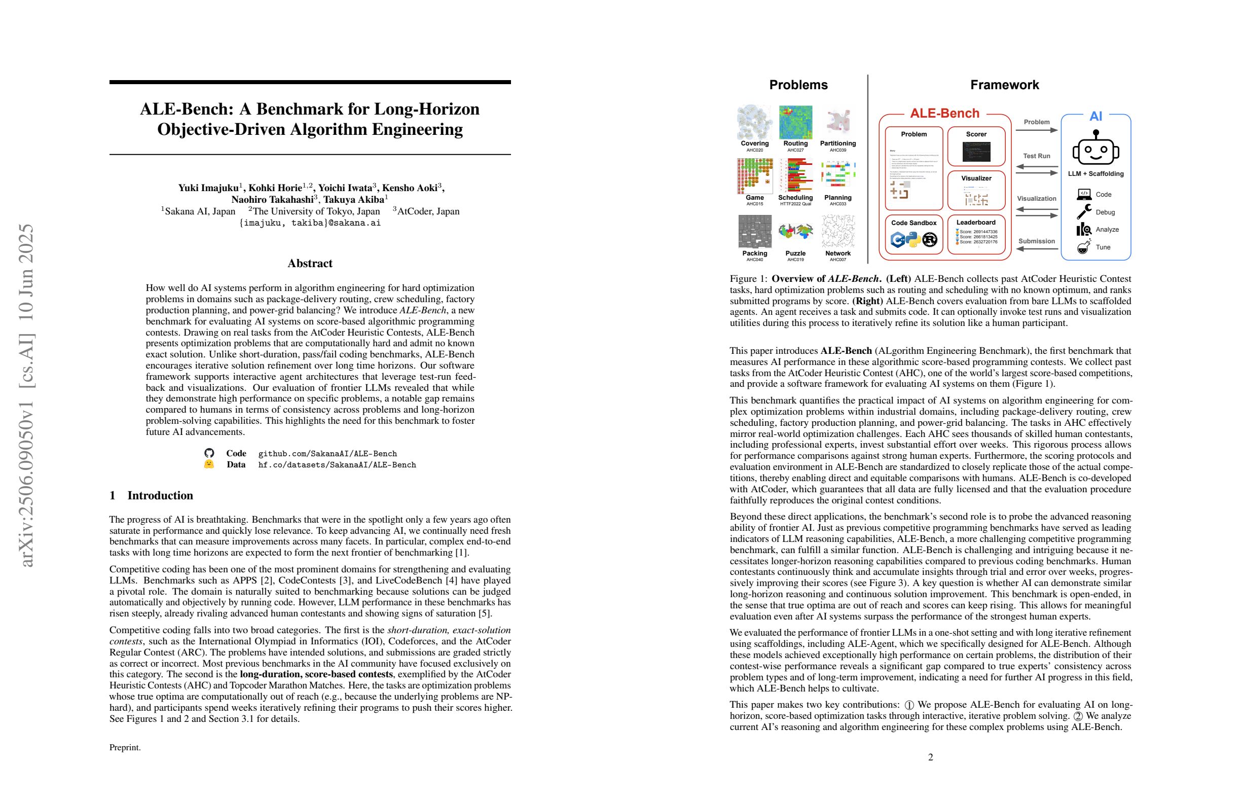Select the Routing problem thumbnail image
tap(795, 122)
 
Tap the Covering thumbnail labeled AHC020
tap(754, 122)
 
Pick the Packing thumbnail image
tap(754, 231)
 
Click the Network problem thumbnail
tap(837, 231)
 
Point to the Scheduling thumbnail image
tap(795, 176)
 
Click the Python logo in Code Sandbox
tap(912, 239)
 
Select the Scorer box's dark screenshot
tap(976, 151)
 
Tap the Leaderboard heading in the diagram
tap(975, 223)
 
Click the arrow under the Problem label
tap(1036, 130)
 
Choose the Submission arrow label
tap(1036, 241)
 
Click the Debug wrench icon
tap(1083, 212)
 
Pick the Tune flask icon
tap(1083, 247)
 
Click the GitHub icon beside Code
tap(209, 453)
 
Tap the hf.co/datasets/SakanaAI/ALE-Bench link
tap(337, 464)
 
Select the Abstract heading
tap(310, 263)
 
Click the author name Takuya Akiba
tap(354, 199)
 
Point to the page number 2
tap(930, 757)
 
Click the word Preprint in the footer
tap(125, 747)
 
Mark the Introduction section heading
tap(160, 495)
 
